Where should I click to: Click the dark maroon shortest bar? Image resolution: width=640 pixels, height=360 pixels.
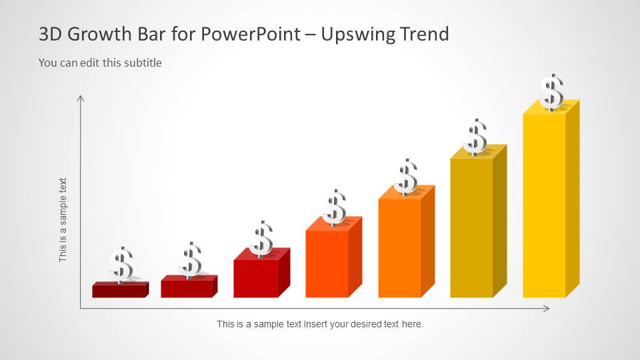pyautogui.click(x=120, y=289)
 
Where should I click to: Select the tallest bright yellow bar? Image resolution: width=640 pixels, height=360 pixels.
pyautogui.click(x=551, y=199)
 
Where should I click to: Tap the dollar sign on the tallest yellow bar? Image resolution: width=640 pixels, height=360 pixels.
pyautogui.click(x=552, y=92)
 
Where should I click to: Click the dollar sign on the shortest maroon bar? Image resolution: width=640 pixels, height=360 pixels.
pyautogui.click(x=121, y=265)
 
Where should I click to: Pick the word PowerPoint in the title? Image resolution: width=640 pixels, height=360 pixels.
pyautogui.click(x=251, y=34)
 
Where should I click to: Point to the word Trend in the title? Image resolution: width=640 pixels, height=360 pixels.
pyautogui.click(x=425, y=34)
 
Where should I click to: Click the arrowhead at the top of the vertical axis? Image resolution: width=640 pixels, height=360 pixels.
pyautogui.click(x=81, y=98)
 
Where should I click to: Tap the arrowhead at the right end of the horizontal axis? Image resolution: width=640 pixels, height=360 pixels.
pyautogui.click(x=546, y=309)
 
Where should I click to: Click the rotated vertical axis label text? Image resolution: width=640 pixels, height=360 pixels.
pyautogui.click(x=63, y=220)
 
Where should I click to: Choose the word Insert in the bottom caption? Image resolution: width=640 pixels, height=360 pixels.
pyautogui.click(x=316, y=324)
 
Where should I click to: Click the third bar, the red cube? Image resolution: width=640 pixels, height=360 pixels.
pyautogui.click(x=261, y=273)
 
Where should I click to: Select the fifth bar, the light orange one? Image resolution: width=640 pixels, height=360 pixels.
pyautogui.click(x=407, y=241)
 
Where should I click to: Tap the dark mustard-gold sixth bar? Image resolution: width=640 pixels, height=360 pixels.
pyautogui.click(x=479, y=221)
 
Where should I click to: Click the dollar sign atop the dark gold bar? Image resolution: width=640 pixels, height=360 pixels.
pyautogui.click(x=475, y=137)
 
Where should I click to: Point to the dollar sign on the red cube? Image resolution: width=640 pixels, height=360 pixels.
pyautogui.click(x=261, y=239)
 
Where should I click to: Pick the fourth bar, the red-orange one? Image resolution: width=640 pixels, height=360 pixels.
pyautogui.click(x=334, y=257)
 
